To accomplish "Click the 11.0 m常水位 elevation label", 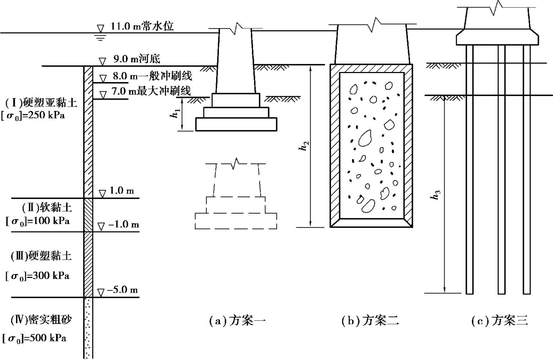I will [x=142, y=26].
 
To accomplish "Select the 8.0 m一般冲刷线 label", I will [x=152, y=76].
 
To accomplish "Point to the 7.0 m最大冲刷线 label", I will [x=150, y=91].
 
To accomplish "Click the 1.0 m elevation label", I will [x=122, y=191].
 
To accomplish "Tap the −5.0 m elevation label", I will [x=122, y=290].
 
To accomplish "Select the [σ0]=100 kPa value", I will [x=38, y=221].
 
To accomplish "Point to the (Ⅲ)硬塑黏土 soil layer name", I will [x=41, y=256].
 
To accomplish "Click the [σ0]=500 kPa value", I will [x=35, y=338].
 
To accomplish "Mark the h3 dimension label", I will [x=436, y=195].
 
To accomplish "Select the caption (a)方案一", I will [x=237, y=320].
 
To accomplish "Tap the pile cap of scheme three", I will [x=497, y=38].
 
